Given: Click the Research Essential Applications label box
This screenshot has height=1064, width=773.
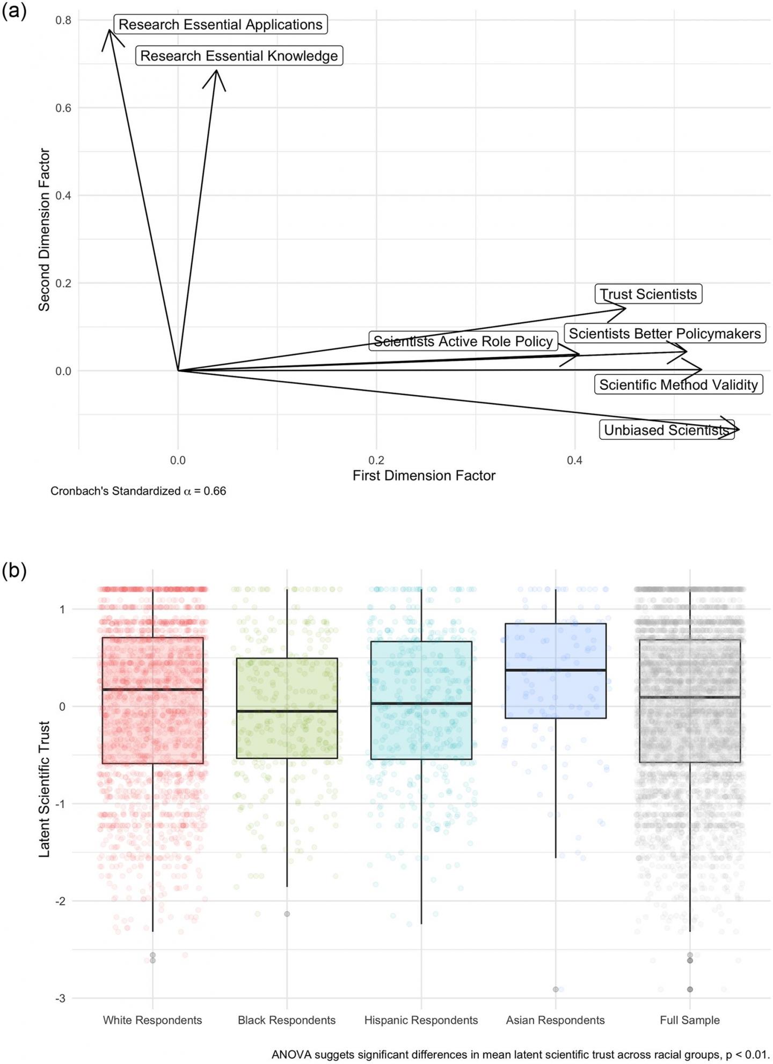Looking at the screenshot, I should coord(220,25).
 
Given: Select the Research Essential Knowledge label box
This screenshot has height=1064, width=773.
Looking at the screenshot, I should coord(239,56).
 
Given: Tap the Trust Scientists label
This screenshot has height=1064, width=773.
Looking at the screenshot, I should coord(648,294).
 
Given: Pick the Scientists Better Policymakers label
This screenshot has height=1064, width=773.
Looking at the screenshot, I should coord(665,334).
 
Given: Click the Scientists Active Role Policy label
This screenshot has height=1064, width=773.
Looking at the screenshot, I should coord(463,342).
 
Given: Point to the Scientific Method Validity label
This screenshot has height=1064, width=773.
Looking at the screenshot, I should coord(679,385).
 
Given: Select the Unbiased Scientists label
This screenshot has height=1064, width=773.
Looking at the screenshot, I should coord(666,430).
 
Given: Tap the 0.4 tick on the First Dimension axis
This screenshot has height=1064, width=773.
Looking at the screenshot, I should coord(574,460).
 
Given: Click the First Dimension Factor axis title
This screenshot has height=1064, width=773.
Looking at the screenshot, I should coord(424,476).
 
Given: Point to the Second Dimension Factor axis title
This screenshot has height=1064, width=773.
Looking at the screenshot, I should coord(44,230).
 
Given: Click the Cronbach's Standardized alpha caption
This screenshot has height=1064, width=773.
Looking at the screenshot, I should coord(138,491).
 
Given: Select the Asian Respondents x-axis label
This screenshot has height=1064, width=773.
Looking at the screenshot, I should coord(555,1020).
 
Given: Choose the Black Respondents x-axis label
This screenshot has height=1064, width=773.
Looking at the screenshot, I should coord(287,1020).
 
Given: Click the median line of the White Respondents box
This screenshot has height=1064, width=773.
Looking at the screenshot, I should coord(153,689).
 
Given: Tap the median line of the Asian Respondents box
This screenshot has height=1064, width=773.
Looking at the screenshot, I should coord(556,670).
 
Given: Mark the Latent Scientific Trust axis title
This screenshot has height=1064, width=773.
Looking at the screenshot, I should coord(44,789).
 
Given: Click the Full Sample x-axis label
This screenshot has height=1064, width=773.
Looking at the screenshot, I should coord(690,1020).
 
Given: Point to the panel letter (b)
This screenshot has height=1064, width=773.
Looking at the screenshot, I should coord(14,571).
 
